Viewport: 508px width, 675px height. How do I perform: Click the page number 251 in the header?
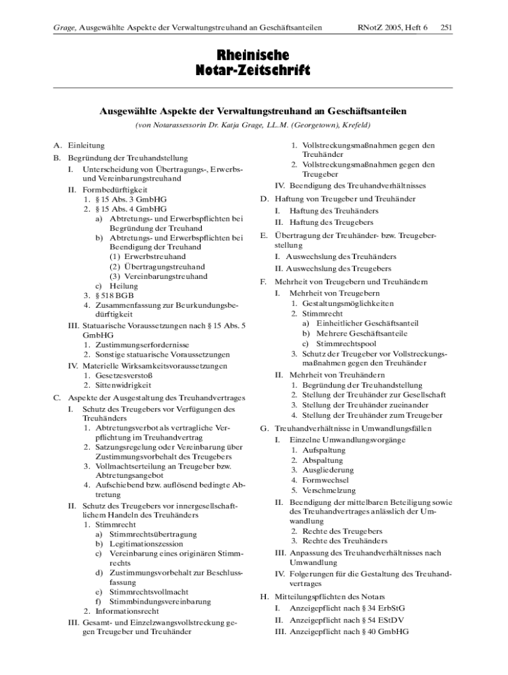point(445,28)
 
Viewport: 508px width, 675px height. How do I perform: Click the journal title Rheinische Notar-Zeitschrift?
point(254,62)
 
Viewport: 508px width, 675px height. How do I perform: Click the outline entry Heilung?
point(124,286)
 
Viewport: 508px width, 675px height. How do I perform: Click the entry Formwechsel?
point(325,480)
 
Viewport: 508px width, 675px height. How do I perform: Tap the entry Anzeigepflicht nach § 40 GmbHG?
point(349,631)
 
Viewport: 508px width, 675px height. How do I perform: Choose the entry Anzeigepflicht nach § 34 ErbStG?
point(347,608)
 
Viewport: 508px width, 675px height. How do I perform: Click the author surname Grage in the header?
point(63,28)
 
